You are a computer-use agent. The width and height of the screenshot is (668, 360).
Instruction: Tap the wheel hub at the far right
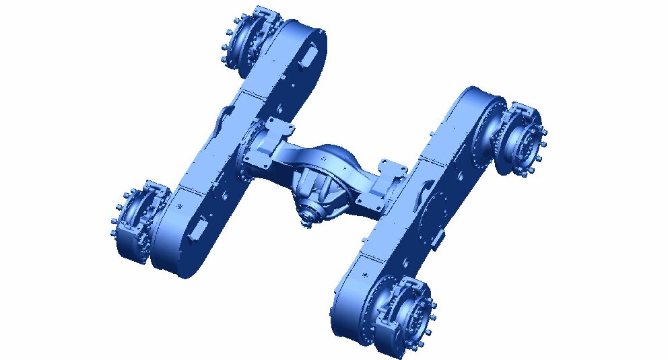(521, 141)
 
